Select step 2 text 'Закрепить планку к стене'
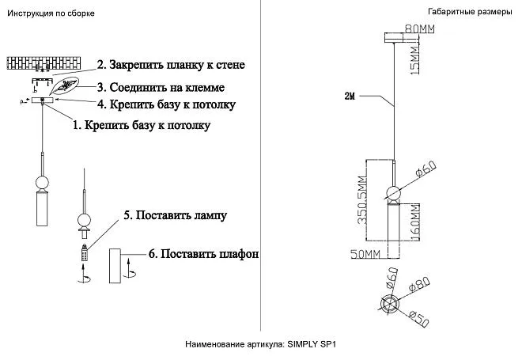pyautogui.click(x=171, y=65)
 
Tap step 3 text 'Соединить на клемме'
pyautogui.click(x=167, y=86)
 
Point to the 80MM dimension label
pyautogui.click(x=420, y=29)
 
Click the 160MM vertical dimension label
pyautogui.click(x=413, y=222)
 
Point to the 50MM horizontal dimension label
pyautogui.click(x=365, y=253)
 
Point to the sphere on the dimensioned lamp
pyautogui.click(x=392, y=191)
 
